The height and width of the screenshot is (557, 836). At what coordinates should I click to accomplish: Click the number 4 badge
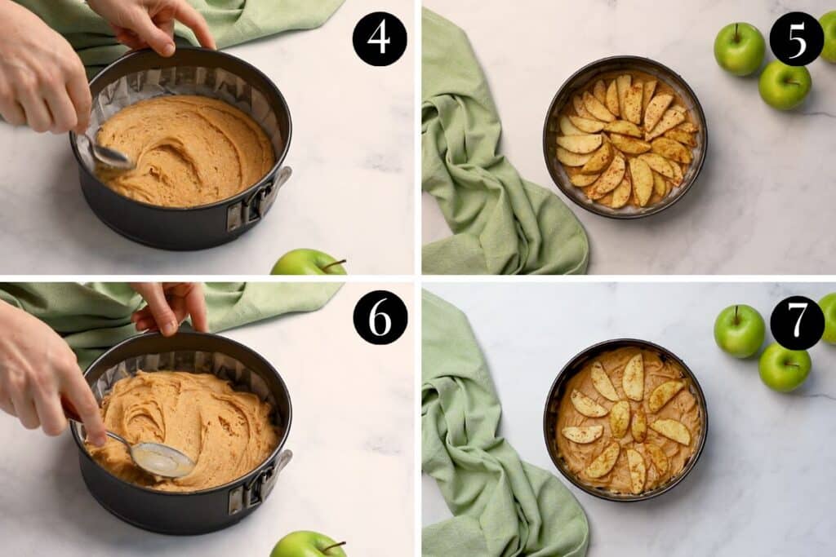tap(380, 39)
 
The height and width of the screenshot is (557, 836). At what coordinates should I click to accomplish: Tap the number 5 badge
tap(796, 39)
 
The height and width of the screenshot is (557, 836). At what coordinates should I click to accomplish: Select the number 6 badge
tap(380, 317)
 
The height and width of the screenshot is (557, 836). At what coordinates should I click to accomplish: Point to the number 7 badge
tap(797, 323)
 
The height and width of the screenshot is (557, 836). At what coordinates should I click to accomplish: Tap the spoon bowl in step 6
tap(162, 459)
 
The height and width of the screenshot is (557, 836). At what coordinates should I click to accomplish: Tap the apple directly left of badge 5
tap(739, 49)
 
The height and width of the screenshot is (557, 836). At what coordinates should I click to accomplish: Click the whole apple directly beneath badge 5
tap(785, 85)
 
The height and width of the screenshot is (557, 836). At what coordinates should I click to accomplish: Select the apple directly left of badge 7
tap(739, 330)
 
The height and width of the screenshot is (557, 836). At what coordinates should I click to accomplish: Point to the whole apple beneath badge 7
tap(785, 367)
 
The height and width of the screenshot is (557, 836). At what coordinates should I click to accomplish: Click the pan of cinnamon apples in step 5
tap(625, 137)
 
